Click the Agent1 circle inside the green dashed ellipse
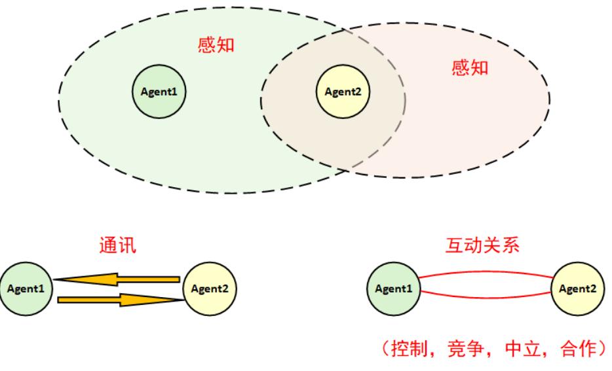pos(159,92)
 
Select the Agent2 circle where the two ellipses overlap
pos(343,92)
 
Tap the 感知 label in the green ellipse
pos(216,44)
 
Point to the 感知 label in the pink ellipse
pos(470,67)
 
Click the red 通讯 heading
pos(117,245)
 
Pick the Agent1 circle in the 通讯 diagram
pos(26,289)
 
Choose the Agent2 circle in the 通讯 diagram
pos(210,289)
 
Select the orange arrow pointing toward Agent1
pos(117,279)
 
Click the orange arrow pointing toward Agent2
pos(121,300)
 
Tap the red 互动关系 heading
pos(482,245)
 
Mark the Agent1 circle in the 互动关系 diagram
pos(394,289)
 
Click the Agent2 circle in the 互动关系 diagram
pos(578,289)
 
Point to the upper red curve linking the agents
pos(486,272)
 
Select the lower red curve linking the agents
pos(486,298)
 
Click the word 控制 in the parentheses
pos(409,348)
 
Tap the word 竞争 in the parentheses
pos(466,348)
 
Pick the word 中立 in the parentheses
pos(523,348)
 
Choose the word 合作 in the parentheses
pos(579,348)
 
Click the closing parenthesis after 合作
pos(603,348)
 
